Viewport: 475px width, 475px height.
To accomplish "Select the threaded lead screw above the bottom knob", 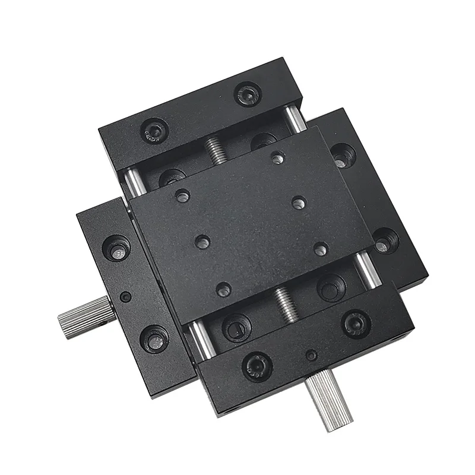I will pos(287,303).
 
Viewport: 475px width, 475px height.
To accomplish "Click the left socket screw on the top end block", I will pos(154,129).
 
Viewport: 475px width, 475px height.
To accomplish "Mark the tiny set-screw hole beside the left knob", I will pos(125,296).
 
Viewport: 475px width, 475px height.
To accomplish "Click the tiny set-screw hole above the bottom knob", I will pos(311,356).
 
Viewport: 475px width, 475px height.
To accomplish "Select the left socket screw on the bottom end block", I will pos(257,366).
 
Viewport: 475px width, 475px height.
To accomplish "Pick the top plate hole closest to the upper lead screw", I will pos(277,158).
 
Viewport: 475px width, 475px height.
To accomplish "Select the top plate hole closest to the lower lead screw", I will pos(223,290).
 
